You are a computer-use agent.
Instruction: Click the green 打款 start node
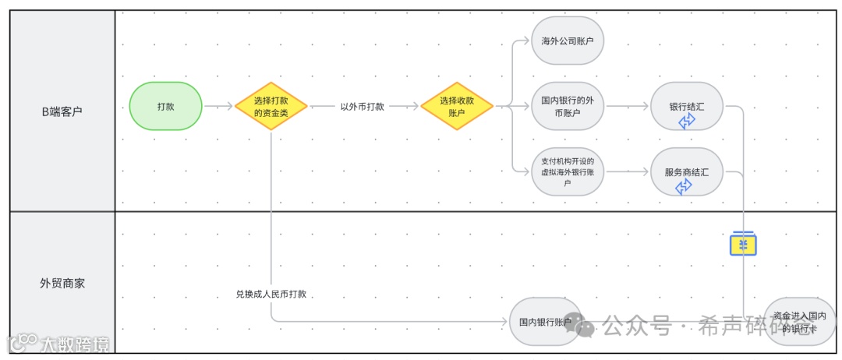pos(165,106)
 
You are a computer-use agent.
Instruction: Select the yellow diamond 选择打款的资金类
pos(271,106)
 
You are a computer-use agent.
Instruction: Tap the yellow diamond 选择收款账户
pos(457,106)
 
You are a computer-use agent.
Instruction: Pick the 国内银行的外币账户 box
pos(568,107)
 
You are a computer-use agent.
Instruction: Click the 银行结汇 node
pos(687,107)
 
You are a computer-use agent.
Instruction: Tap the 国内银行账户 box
pos(546,321)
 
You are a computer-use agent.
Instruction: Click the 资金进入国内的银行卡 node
pos(800,321)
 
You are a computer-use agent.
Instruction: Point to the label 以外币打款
pos(363,106)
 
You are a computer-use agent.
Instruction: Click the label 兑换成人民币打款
pos(271,294)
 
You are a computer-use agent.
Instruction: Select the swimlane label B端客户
pos(62,111)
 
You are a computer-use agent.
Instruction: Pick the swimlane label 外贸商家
pos(62,284)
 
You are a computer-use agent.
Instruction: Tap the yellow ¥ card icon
pos(744,245)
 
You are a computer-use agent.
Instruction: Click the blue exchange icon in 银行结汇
pos(687,121)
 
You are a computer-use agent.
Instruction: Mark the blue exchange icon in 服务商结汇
pos(684,186)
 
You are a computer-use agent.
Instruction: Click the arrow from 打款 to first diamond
pos(218,106)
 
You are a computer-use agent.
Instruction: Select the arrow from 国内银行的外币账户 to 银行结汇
pos(628,107)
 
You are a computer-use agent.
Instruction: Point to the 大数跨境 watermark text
pos(74,344)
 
